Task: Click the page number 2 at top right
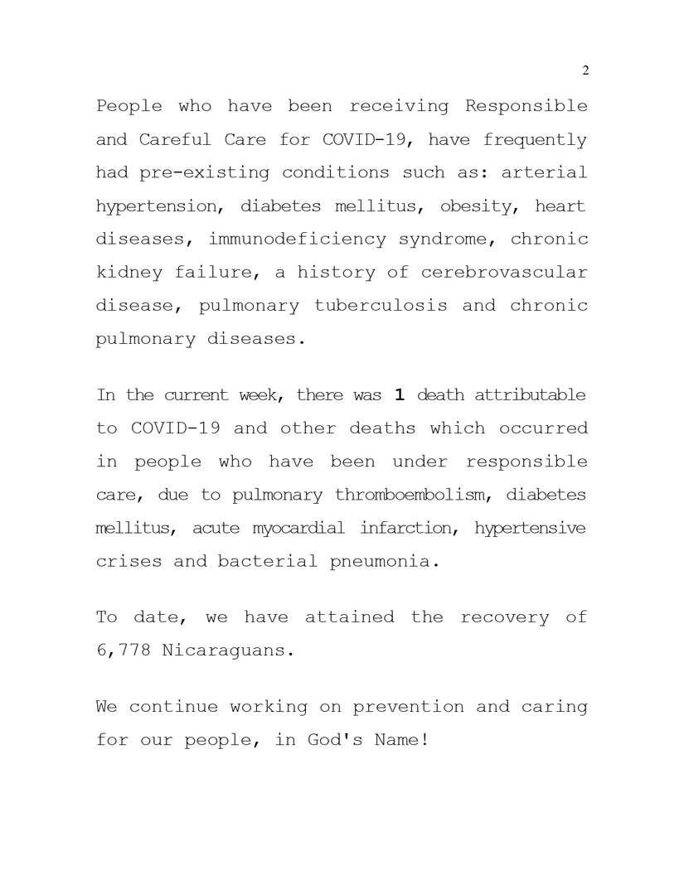tap(585, 70)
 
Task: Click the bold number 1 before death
tap(399, 395)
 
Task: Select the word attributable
tap(530, 395)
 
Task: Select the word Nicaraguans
tap(228, 650)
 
